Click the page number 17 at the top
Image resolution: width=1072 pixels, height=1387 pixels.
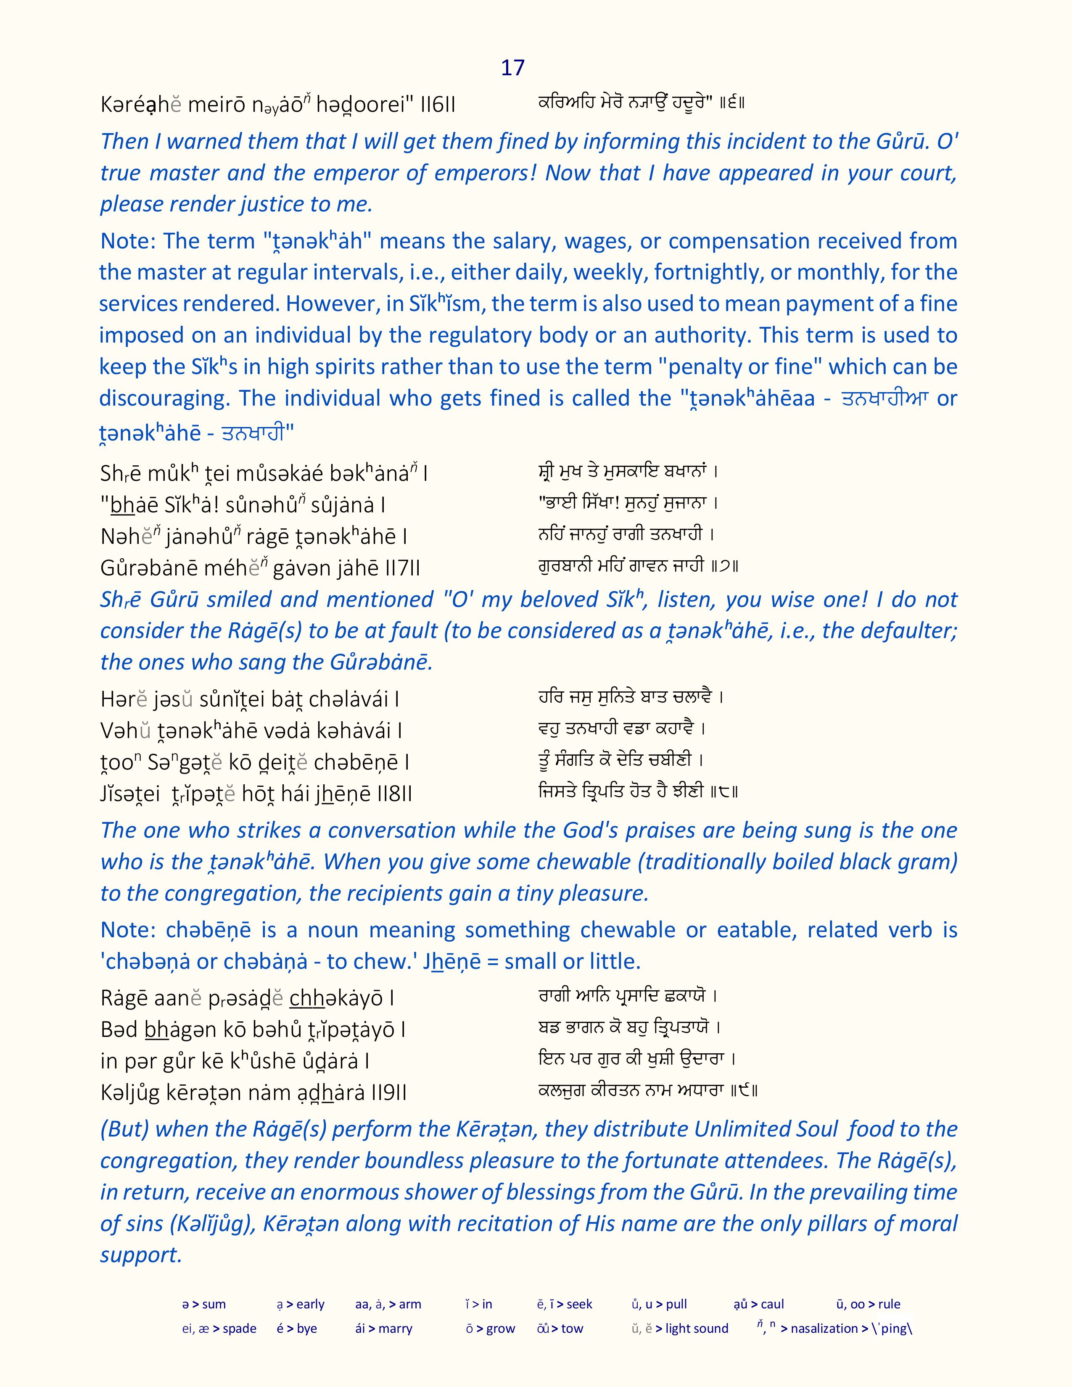click(x=512, y=68)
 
